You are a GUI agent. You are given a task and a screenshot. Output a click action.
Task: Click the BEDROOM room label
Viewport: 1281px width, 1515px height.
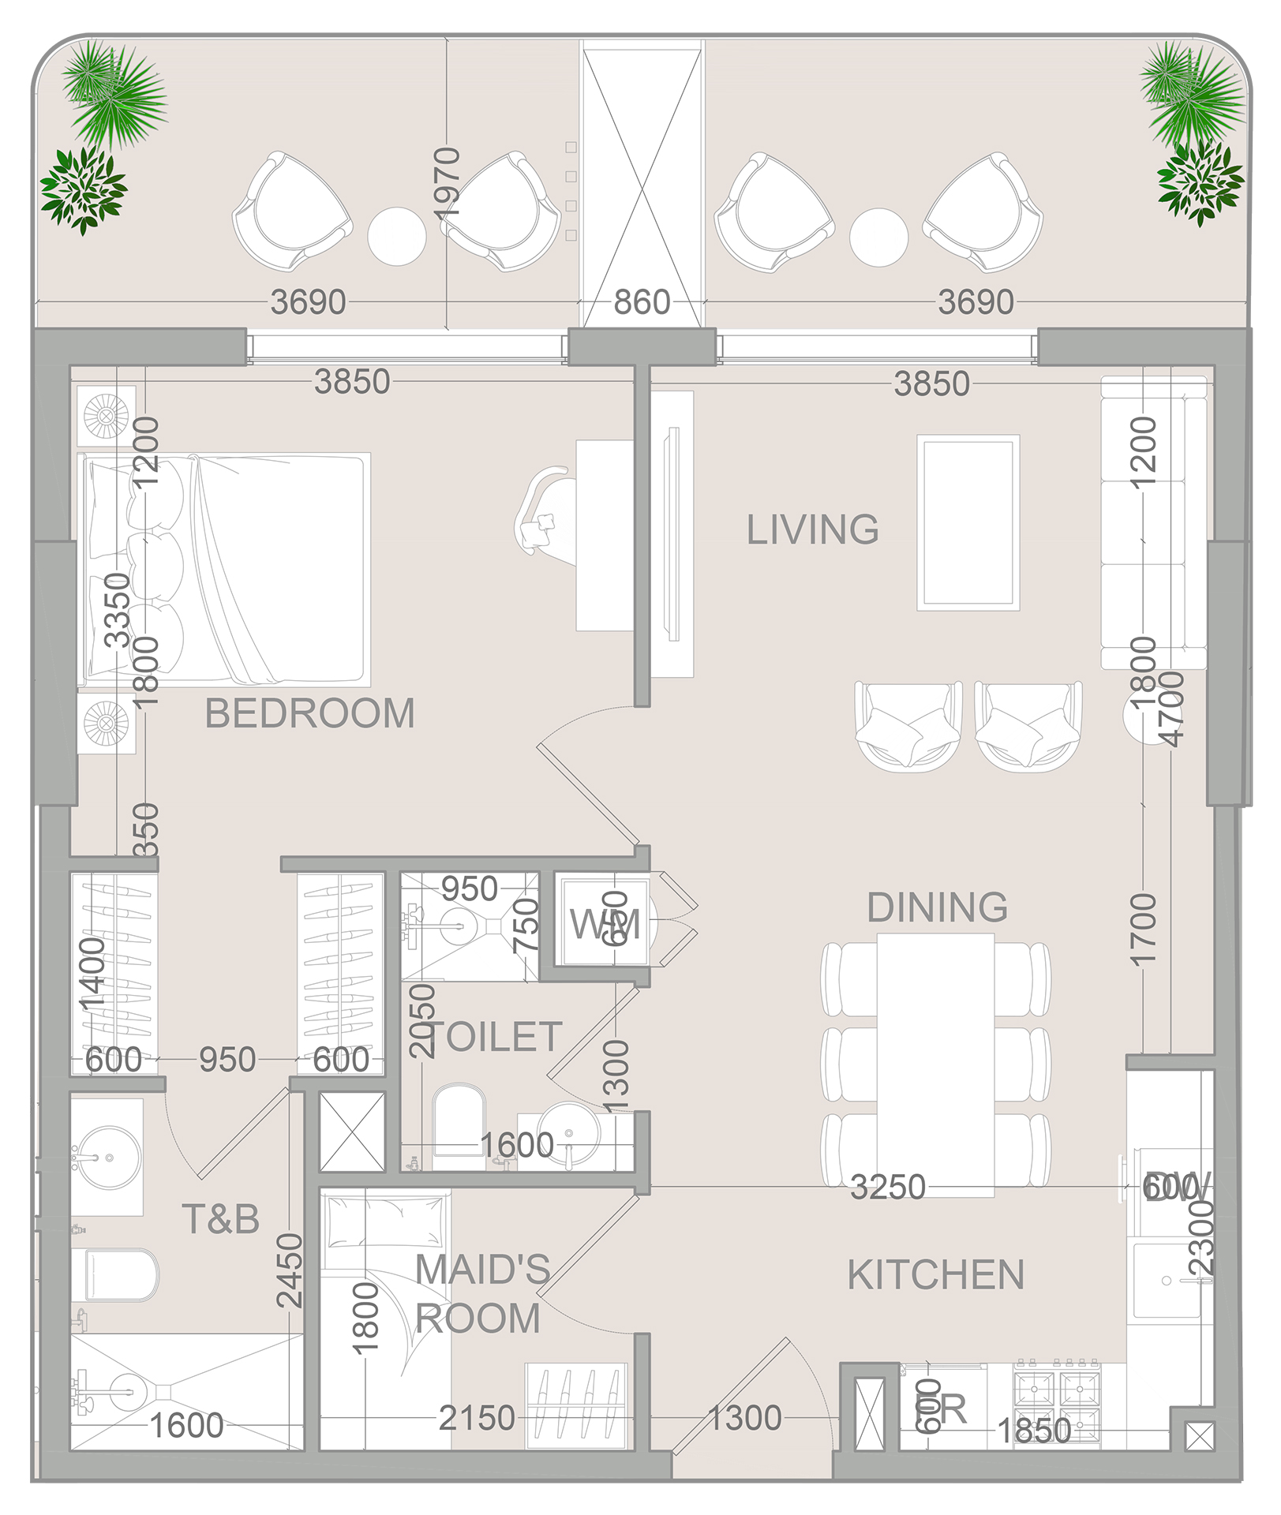pyautogui.click(x=309, y=713)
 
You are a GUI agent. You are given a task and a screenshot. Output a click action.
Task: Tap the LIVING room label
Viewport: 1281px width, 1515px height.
pyautogui.click(x=812, y=529)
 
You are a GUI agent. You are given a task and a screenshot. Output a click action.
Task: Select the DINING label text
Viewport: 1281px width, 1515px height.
pyautogui.click(x=937, y=907)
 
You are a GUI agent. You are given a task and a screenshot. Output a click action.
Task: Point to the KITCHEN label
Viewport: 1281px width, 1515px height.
pyautogui.click(x=935, y=1275)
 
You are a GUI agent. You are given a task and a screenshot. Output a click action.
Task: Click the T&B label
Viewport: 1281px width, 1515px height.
pyautogui.click(x=220, y=1219)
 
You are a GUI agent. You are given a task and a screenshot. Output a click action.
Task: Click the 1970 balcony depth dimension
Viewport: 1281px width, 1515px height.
pyautogui.click(x=447, y=183)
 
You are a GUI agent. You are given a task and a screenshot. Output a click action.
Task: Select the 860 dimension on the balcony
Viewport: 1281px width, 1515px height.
pyautogui.click(x=642, y=302)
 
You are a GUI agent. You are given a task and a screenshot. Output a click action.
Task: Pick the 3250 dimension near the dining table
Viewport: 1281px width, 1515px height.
pyautogui.click(x=887, y=1187)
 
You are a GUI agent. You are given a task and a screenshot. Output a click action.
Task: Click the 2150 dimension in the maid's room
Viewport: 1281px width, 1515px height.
pyautogui.click(x=477, y=1418)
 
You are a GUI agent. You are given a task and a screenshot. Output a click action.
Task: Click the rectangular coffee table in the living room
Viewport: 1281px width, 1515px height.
pyautogui.click(x=968, y=522)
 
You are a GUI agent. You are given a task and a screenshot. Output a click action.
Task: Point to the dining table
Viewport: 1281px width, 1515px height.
pyautogui.click(x=935, y=1061)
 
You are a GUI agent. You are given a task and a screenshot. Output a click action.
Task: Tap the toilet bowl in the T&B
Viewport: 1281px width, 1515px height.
pyautogui.click(x=118, y=1274)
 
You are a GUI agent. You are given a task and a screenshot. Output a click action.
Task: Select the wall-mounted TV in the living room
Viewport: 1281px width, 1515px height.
pyautogui.click(x=672, y=533)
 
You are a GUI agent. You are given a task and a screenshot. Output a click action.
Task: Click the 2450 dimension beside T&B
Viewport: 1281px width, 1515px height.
pyautogui.click(x=290, y=1270)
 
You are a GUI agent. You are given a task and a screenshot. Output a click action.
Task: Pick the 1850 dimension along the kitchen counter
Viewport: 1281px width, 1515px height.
pyautogui.click(x=1034, y=1431)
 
